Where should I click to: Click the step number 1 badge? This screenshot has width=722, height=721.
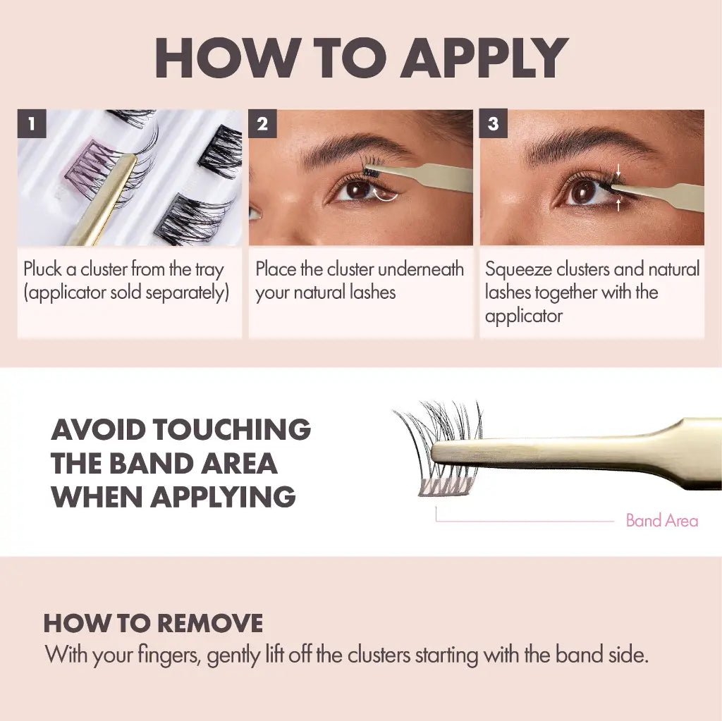(x=32, y=125)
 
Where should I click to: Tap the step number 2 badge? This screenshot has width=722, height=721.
(x=262, y=125)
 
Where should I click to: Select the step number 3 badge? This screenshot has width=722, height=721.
(x=493, y=125)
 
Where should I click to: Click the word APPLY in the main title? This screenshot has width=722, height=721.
(x=485, y=58)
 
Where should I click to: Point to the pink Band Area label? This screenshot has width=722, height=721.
(x=661, y=521)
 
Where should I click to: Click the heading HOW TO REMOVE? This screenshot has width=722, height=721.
(x=153, y=624)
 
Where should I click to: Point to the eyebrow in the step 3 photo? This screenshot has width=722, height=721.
(x=589, y=141)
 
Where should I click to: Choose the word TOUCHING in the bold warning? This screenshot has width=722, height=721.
(x=232, y=429)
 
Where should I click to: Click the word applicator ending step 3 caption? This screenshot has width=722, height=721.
(x=523, y=316)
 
